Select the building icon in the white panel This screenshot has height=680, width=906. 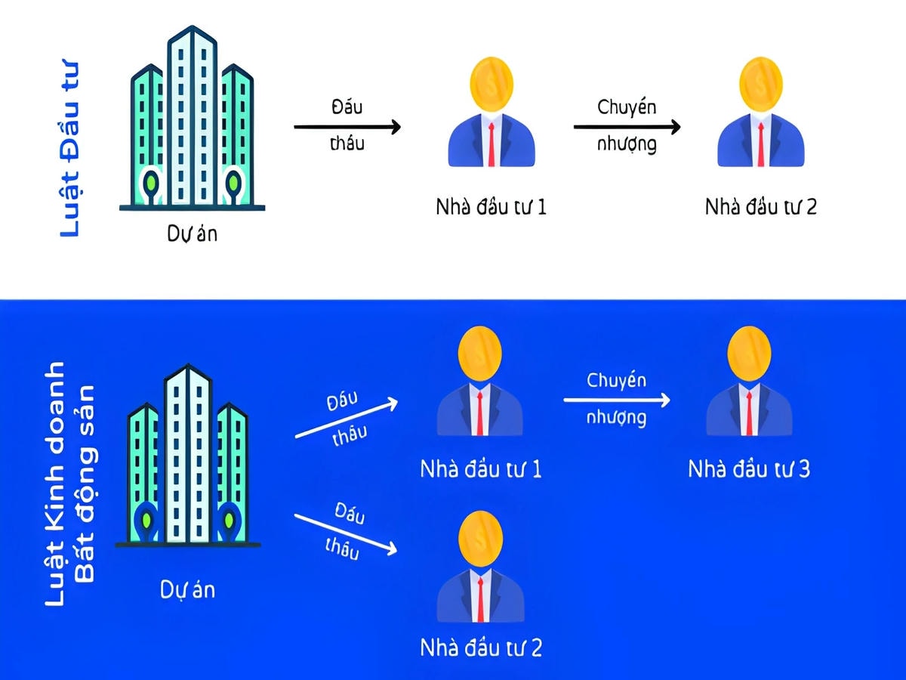pyautogui.click(x=192, y=121)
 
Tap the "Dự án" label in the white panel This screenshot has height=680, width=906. pyautogui.click(x=192, y=233)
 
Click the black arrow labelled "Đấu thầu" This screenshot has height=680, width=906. pyautogui.click(x=347, y=127)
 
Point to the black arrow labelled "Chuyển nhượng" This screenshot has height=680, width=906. pyautogui.click(x=627, y=127)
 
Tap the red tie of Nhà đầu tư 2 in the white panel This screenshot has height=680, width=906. pyautogui.click(x=760, y=143)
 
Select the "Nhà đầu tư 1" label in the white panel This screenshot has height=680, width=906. pyautogui.click(x=491, y=206)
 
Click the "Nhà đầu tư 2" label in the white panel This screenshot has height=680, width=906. pyautogui.click(x=760, y=206)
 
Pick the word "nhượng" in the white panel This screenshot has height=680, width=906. pyautogui.click(x=627, y=144)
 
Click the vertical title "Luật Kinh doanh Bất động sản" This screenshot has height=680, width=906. pyautogui.click(x=70, y=484)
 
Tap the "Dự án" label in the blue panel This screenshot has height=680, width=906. pyautogui.click(x=187, y=589)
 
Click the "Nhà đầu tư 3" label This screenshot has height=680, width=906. pyautogui.click(x=748, y=469)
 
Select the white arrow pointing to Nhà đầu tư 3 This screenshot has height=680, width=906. pyautogui.click(x=616, y=398)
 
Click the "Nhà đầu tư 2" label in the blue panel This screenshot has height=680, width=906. pyautogui.click(x=481, y=648)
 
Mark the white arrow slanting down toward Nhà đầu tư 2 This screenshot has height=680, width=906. pyautogui.click(x=345, y=533)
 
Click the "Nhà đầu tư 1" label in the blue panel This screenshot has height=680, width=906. pyautogui.click(x=481, y=469)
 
